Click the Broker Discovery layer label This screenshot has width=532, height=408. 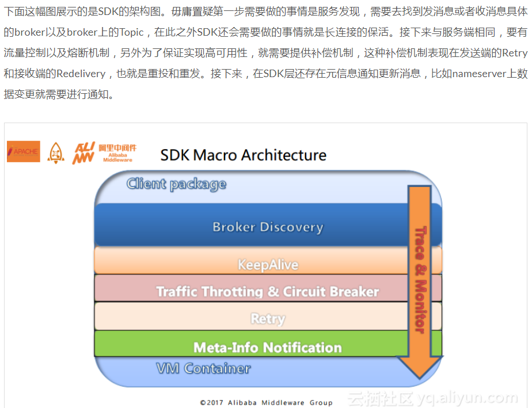point(268,227)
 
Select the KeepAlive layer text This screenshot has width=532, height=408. point(268,265)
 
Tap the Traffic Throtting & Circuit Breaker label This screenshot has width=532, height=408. point(268,292)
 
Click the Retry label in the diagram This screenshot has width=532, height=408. point(268,319)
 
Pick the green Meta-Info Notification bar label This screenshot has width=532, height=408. point(268,348)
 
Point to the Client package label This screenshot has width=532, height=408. point(176,184)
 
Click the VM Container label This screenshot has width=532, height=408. point(203,368)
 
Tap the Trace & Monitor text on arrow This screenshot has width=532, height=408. point(421,279)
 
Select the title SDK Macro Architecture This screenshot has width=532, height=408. point(243,155)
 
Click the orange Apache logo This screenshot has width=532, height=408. point(24,151)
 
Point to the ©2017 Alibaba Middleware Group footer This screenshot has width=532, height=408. point(266,402)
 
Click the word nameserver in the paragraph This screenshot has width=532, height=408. point(481,74)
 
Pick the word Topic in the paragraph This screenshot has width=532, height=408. point(131,32)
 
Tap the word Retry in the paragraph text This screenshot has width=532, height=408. point(515,53)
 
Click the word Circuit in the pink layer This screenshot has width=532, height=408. point(305,292)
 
